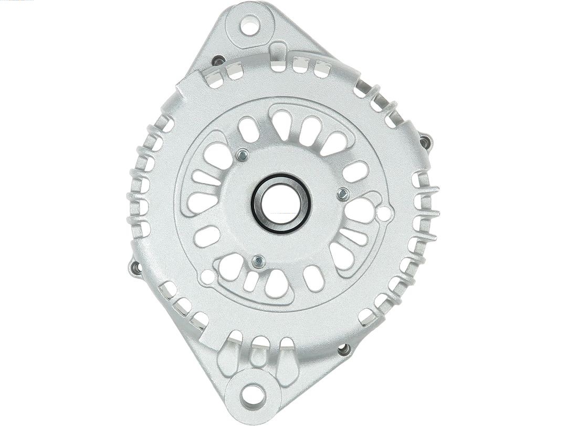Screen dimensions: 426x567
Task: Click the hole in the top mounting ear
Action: point(250,25)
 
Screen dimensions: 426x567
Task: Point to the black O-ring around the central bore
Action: point(256,210)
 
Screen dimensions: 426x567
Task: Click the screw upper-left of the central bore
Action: point(242,155)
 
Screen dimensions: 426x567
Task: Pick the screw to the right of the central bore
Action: point(342,194)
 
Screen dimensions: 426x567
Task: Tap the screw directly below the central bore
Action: point(258,261)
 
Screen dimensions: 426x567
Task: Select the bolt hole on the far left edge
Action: point(136,268)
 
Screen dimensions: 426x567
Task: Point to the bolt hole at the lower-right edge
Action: point(344,349)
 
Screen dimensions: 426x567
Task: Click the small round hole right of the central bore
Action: point(384,213)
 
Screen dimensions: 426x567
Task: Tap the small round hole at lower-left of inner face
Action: point(207,277)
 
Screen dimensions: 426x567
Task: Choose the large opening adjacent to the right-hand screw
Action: point(360,210)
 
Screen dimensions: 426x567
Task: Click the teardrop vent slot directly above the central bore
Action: point(282,124)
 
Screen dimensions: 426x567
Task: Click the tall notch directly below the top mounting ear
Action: point(279,57)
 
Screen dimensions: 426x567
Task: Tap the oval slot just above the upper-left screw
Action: point(248,129)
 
